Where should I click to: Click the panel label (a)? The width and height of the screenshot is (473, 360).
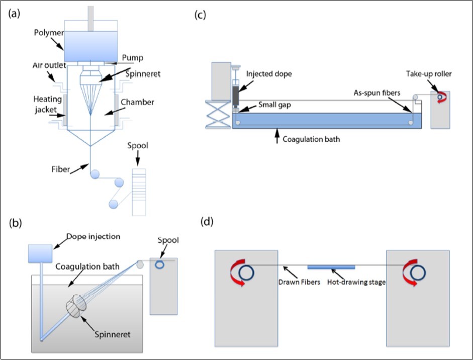(14, 14)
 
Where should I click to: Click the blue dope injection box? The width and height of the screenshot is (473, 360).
(40, 253)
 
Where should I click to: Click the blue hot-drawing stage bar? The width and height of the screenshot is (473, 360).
(331, 266)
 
